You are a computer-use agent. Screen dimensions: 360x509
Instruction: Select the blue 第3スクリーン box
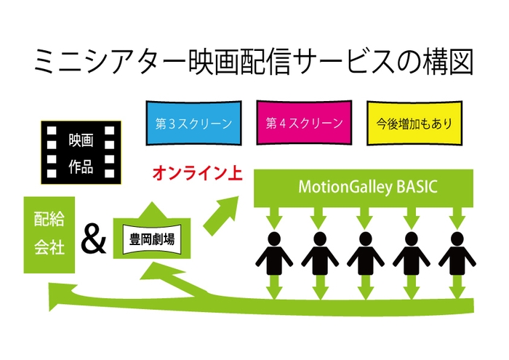pyautogui.click(x=193, y=122)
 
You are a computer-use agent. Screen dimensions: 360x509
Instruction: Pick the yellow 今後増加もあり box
pyautogui.click(x=412, y=122)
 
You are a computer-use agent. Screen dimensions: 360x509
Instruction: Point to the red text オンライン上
pyautogui.click(x=196, y=174)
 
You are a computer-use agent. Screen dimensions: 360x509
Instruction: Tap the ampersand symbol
pyautogui.click(x=93, y=240)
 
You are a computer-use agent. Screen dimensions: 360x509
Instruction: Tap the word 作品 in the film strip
pyautogui.click(x=81, y=167)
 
